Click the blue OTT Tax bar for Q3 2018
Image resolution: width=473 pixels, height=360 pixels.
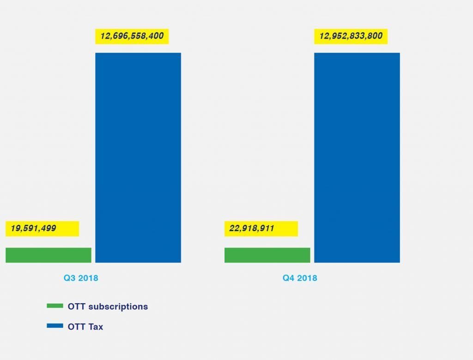coord(138,157)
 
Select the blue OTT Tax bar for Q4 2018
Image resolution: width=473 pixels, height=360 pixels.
coord(357,157)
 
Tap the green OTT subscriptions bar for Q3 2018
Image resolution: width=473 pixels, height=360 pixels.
coord(48,255)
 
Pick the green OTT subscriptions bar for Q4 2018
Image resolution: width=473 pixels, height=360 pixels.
coord(267,255)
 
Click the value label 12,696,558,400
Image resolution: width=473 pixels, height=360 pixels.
coord(132,36)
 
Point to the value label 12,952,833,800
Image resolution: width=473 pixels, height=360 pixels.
coord(351,36)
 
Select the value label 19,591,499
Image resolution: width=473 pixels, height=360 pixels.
coord(33,228)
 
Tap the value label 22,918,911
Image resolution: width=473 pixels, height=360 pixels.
coord(252,228)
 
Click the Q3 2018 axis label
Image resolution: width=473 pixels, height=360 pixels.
coord(81,278)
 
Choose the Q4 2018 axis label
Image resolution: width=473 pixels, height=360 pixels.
coord(300,278)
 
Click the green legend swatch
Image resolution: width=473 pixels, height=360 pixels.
coord(55,306)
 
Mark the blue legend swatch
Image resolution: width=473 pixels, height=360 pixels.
coord(55,326)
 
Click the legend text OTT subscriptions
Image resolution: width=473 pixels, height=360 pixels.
coord(108,306)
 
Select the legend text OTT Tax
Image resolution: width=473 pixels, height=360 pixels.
coord(85,327)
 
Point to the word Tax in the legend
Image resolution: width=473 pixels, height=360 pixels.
coord(96,327)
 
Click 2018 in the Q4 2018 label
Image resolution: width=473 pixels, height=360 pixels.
coord(307,278)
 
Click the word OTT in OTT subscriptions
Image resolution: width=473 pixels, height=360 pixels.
coord(76,306)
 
